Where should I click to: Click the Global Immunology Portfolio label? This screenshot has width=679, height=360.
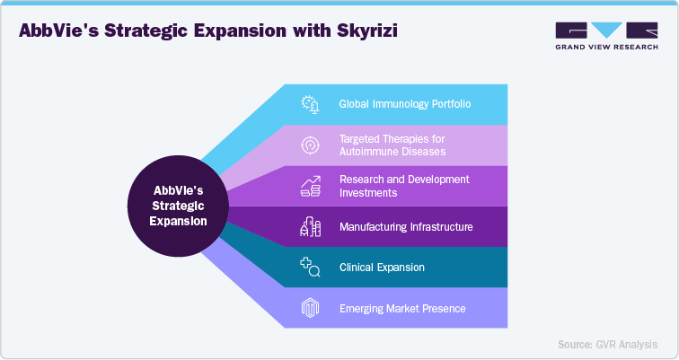pyautogui.click(x=405, y=104)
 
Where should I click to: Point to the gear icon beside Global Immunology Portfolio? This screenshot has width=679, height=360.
pyautogui.click(x=310, y=104)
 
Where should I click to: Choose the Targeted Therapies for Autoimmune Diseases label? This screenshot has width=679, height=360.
pyautogui.click(x=392, y=145)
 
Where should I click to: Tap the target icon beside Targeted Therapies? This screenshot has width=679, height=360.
pyautogui.click(x=310, y=145)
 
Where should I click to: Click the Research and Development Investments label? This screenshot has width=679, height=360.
pyautogui.click(x=404, y=186)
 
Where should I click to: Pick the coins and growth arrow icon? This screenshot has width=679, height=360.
pyautogui.click(x=310, y=186)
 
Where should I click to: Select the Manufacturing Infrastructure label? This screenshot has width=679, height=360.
pyautogui.click(x=406, y=227)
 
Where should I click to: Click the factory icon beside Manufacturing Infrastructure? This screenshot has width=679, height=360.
pyautogui.click(x=310, y=227)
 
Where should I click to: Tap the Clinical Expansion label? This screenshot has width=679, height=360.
pyautogui.click(x=382, y=268)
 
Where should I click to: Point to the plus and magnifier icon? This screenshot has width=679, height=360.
pyautogui.click(x=310, y=268)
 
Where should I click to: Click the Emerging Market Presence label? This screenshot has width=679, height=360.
pyautogui.click(x=402, y=309)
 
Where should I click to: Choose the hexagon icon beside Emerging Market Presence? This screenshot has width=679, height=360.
pyautogui.click(x=310, y=309)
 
